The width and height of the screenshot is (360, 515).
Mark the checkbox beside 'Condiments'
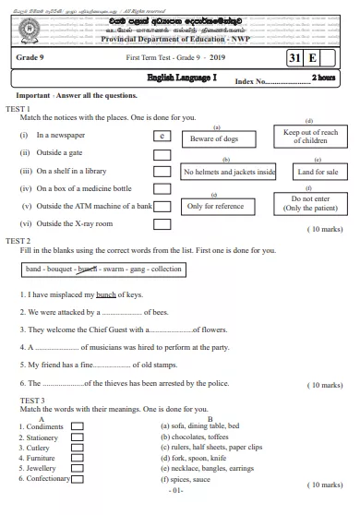pos(78,427)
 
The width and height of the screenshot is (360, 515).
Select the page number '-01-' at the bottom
pos(177,490)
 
